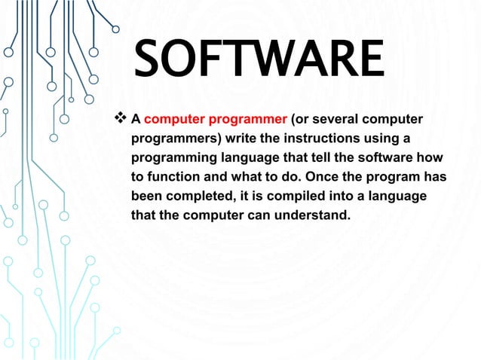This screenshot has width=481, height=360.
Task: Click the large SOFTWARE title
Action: click(259, 60)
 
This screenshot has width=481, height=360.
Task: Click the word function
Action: click(172, 178)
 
